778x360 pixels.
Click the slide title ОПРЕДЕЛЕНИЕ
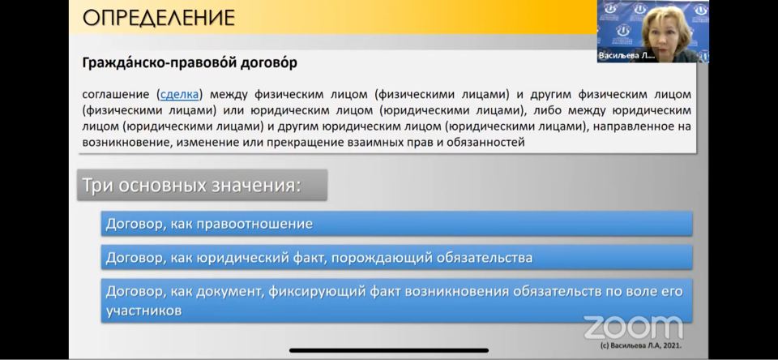click(158, 18)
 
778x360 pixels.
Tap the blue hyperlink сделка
click(179, 94)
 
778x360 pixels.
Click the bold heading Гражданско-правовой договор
click(190, 63)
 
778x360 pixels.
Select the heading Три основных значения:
click(191, 185)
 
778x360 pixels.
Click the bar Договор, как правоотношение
click(396, 224)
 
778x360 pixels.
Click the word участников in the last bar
click(143, 311)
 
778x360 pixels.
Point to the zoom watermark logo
click(633, 328)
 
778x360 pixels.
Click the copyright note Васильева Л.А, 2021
click(640, 345)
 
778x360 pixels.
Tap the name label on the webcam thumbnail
click(626, 56)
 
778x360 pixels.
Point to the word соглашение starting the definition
click(116, 94)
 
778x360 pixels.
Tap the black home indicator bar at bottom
click(388, 350)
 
